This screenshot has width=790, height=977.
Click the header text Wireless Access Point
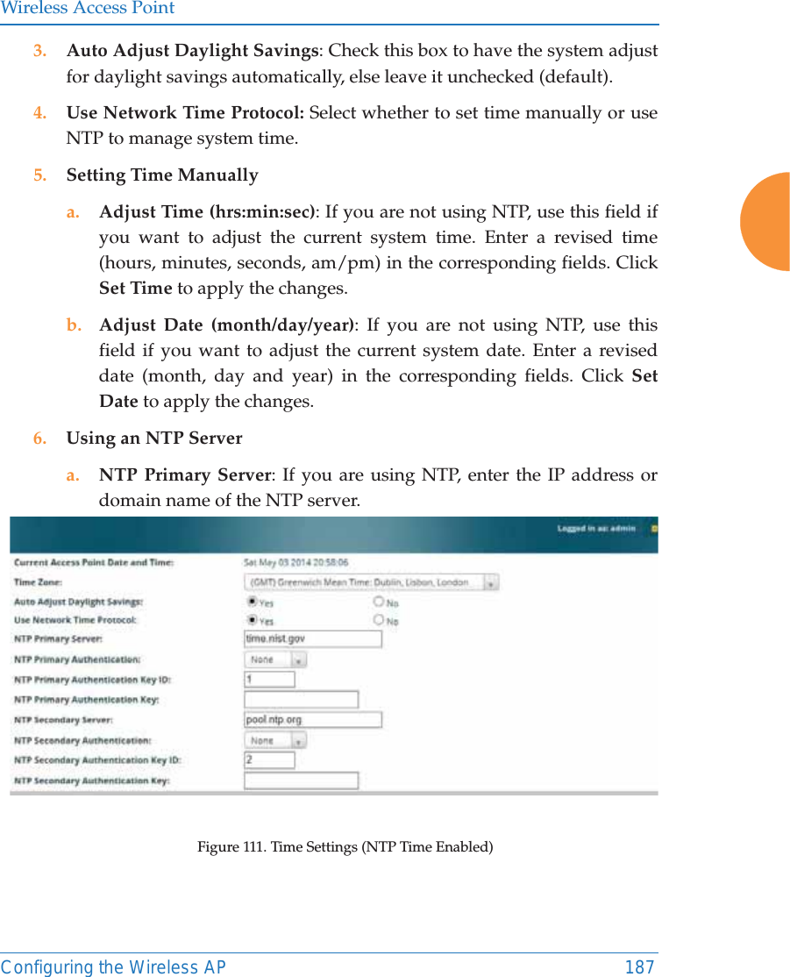click(x=88, y=9)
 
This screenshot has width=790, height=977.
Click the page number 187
click(x=639, y=966)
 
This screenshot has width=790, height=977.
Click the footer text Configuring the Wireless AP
click(x=113, y=966)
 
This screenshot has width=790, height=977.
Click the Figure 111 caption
click(x=345, y=846)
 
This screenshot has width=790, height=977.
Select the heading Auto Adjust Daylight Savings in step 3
click(x=192, y=50)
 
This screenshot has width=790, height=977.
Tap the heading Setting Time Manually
click(x=162, y=175)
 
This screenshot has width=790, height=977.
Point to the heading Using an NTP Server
click(x=154, y=438)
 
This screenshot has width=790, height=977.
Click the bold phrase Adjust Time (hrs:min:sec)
click(x=208, y=212)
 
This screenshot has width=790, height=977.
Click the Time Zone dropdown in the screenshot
click(x=371, y=582)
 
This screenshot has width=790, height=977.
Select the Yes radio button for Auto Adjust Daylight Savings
click(x=253, y=602)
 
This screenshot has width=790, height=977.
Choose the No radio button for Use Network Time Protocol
click(x=379, y=619)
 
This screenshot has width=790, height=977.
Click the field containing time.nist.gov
click(x=312, y=638)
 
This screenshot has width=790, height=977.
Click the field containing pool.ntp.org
click(x=312, y=719)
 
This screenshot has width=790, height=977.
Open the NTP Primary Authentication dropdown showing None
click(x=274, y=659)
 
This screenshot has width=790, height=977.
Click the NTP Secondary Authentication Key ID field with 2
click(x=269, y=759)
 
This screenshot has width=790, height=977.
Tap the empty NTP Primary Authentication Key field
click(x=301, y=699)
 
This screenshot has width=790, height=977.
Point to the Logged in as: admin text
click(x=596, y=529)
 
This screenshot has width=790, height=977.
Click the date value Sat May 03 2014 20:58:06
click(x=295, y=561)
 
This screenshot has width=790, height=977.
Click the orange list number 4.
click(x=39, y=113)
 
